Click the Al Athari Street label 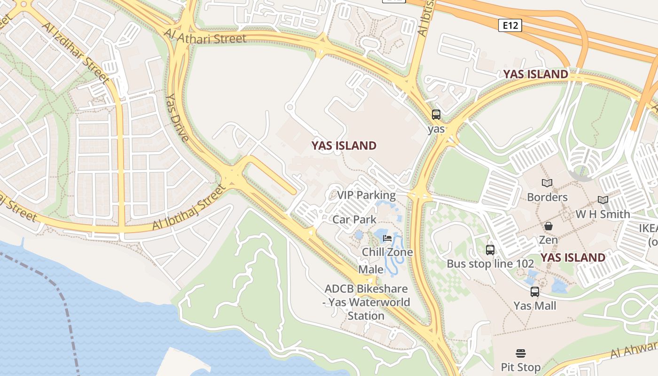205,36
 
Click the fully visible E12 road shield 510,25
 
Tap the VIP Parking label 366,195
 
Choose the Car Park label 354,219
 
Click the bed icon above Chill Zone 387,238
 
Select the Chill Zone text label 387,252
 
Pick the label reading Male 371,270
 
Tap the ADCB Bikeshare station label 366,302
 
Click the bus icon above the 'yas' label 436,115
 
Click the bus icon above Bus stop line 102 490,250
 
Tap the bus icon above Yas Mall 535,292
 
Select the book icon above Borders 547,183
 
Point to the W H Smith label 603,214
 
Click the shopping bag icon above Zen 548,227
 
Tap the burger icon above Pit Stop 520,353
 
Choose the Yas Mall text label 535,306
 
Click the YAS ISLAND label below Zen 572,258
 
